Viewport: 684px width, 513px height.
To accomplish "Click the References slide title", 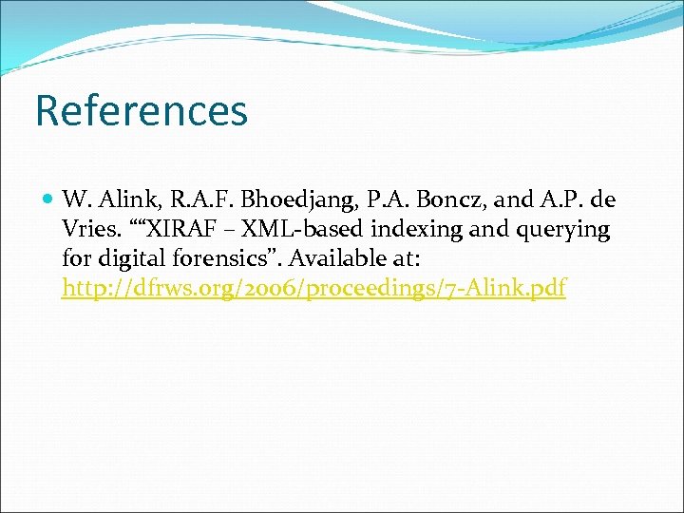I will (x=141, y=110).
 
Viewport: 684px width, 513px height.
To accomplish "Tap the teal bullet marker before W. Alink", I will (x=49, y=200).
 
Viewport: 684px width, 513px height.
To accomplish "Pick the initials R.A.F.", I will (x=196, y=200).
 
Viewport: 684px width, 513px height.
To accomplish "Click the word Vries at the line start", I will (x=85, y=230).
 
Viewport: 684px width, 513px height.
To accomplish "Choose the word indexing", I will (x=409, y=230).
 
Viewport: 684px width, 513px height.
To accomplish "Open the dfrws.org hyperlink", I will (x=313, y=289).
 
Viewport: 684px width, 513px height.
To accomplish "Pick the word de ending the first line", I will (x=603, y=200).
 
